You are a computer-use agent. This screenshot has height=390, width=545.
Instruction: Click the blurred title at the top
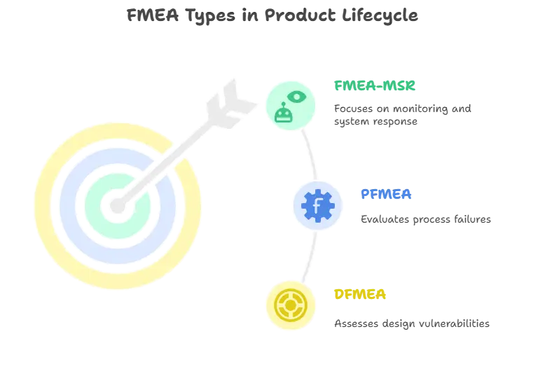[x=272, y=15]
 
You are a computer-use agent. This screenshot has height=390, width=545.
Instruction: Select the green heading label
[x=375, y=87]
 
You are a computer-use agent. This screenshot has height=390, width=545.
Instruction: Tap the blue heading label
[x=386, y=193]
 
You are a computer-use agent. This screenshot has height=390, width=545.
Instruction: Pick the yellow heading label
[x=359, y=294]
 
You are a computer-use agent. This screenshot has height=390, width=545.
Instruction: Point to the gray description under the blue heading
[x=425, y=218]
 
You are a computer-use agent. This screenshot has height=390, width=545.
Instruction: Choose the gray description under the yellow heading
[x=411, y=324]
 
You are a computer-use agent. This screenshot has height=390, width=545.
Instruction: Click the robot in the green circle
[x=283, y=114]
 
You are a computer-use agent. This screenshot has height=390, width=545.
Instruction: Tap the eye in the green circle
[x=297, y=96]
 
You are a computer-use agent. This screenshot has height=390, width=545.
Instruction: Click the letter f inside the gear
[x=317, y=206]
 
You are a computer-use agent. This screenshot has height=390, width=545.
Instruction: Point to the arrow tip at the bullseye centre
[x=117, y=206]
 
